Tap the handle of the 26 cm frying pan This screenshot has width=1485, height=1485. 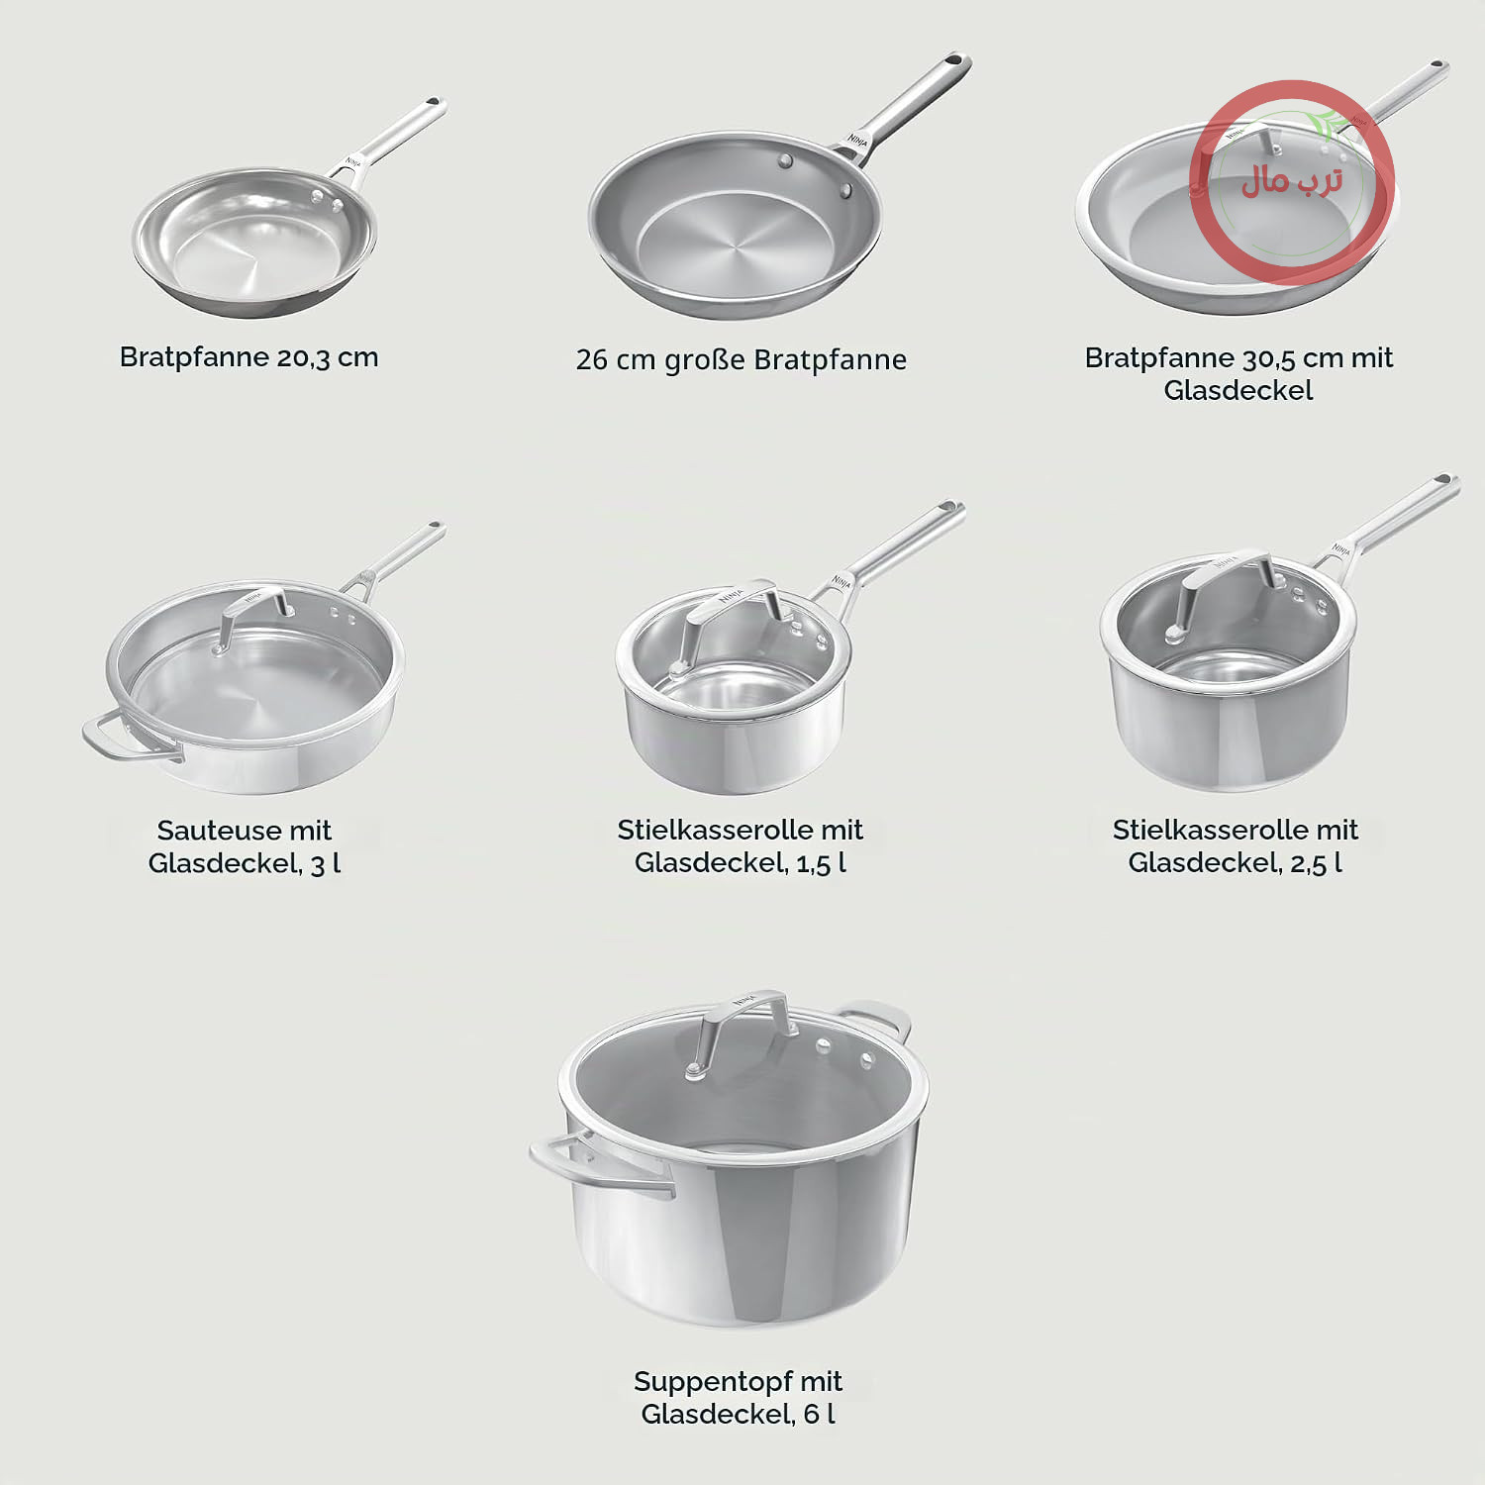click(904, 106)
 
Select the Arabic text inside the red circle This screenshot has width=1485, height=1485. click(1292, 180)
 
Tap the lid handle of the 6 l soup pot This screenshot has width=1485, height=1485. click(739, 1030)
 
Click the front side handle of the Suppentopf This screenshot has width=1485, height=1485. click(598, 1166)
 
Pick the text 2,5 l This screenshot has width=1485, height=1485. click(1316, 863)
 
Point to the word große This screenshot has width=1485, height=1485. click(705, 359)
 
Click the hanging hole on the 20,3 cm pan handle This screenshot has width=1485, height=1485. click(433, 102)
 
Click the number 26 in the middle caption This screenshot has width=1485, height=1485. click(591, 359)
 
